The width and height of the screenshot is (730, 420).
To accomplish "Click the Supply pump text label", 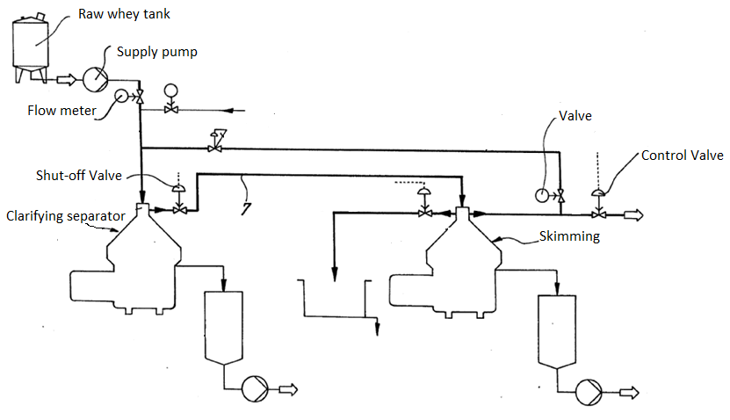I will pyautogui.click(x=156, y=52).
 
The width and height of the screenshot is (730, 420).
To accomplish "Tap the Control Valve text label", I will pyautogui.click(x=682, y=156).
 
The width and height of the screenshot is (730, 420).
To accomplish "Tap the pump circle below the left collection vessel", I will pyautogui.click(x=254, y=387).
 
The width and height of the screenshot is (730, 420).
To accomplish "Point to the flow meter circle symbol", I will pyautogui.click(x=120, y=98).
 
